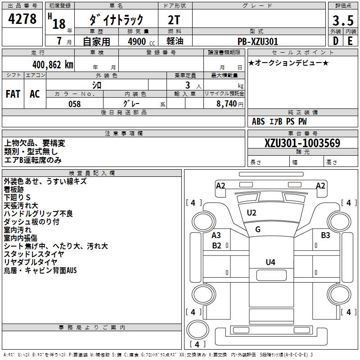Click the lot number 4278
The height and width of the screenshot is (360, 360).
22,19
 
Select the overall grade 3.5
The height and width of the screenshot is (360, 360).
342,21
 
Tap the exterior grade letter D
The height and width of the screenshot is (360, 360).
335,41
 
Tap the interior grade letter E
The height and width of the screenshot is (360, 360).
350,41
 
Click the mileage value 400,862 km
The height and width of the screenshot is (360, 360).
53,65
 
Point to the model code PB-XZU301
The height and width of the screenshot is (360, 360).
258,41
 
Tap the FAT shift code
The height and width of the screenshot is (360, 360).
13,94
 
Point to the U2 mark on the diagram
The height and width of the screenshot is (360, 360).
252,213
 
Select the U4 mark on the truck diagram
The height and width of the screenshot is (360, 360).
270,262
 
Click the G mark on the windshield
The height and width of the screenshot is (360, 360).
258,229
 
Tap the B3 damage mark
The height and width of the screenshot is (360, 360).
325,235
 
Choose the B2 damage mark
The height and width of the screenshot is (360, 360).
217,245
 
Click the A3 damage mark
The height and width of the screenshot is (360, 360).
216,235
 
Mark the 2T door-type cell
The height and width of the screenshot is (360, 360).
175,19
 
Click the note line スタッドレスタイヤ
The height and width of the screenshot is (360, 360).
34,254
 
